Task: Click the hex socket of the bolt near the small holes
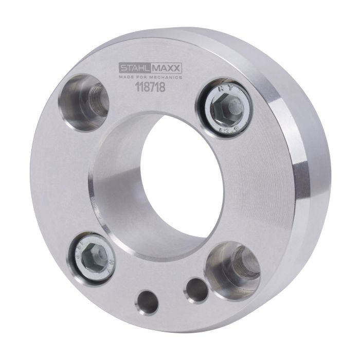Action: pos(95,255)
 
